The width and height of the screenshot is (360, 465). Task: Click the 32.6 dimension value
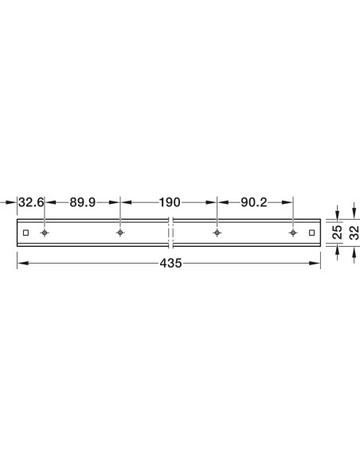pos(31,202)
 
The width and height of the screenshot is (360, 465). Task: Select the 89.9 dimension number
pos(83,202)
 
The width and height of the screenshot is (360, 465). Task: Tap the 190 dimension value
pos(170,202)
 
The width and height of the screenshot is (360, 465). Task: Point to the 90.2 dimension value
pos(254,202)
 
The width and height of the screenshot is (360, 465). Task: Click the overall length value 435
pos(170,264)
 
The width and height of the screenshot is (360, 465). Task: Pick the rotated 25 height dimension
pos(338,232)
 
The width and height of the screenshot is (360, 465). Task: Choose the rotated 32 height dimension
pos(354,232)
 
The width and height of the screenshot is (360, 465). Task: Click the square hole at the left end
pos(25,232)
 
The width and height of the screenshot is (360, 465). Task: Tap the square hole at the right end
pos(311,232)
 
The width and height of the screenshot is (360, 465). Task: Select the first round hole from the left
pos(45,232)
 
